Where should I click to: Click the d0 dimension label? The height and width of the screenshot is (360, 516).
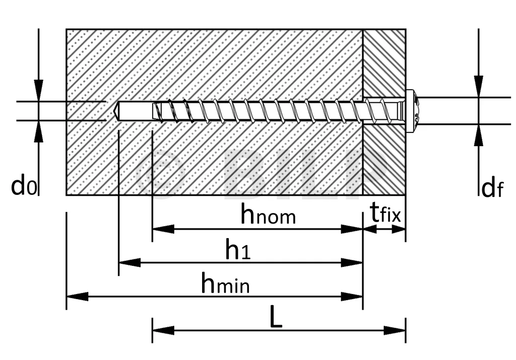[24, 185]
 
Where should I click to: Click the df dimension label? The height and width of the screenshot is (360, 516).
[492, 188]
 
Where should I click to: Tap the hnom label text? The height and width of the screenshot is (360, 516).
[268, 214]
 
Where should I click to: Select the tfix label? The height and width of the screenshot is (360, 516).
[385, 212]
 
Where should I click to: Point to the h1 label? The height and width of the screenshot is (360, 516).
[238, 249]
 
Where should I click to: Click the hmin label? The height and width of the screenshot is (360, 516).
[225, 283]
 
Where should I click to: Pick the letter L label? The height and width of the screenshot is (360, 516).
[276, 317]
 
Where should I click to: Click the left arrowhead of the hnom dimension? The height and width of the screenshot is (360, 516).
[163, 229]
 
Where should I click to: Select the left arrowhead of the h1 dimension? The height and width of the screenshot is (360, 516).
[130, 263]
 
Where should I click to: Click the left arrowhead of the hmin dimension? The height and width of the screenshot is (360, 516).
[77, 297]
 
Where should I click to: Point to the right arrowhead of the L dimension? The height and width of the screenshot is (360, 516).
[395, 330]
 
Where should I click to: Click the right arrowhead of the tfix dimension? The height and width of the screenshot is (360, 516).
[399, 229]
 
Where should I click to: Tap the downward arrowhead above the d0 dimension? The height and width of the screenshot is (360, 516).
[38, 90]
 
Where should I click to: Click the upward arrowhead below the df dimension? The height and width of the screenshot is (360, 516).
[479, 135]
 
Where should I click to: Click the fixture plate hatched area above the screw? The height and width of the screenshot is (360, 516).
[384, 62]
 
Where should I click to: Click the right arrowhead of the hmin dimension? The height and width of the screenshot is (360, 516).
[352, 297]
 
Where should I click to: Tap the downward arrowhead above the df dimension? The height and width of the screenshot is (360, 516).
[479, 87]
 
